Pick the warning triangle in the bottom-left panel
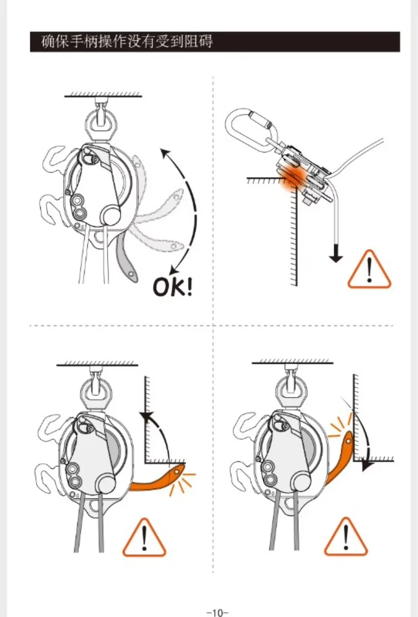coord(144,538)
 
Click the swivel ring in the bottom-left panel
coord(97,392)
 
